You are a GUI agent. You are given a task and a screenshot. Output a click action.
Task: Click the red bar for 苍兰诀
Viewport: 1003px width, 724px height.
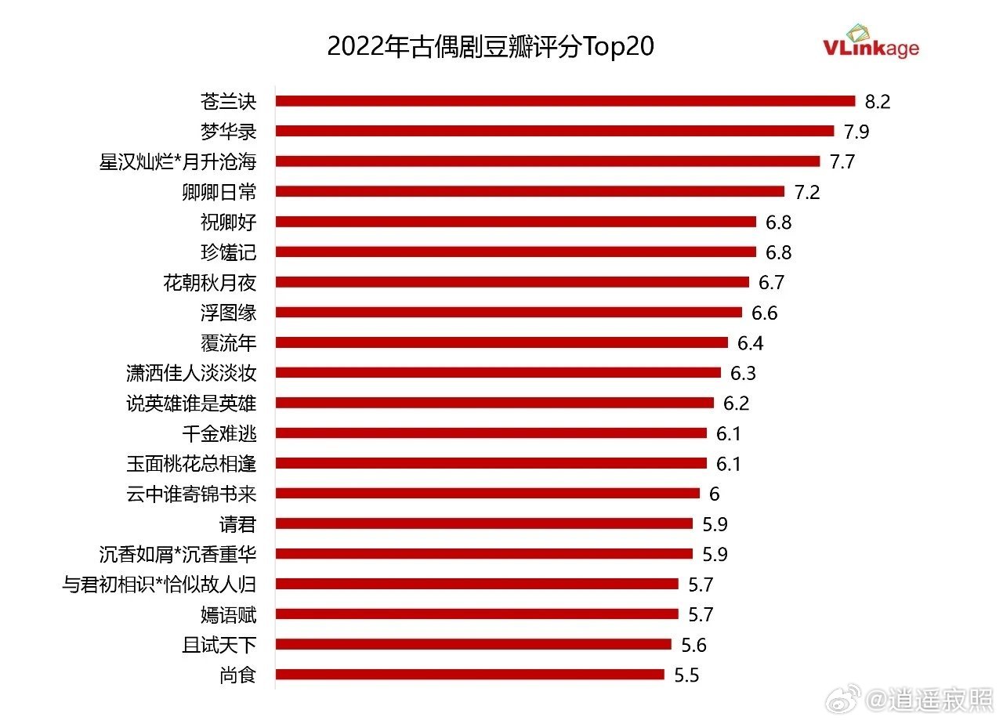564,101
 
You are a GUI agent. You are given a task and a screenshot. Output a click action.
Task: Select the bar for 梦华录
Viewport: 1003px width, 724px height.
554,131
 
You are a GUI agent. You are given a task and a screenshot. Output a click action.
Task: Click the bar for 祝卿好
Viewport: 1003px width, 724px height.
515,222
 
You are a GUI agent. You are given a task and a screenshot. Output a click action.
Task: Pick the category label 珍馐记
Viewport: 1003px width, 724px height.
228,252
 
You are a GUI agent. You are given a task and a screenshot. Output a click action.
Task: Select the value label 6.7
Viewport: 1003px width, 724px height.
771,282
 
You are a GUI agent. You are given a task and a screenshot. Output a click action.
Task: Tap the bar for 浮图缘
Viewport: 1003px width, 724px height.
508,313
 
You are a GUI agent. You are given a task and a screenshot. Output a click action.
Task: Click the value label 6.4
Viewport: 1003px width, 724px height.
750,342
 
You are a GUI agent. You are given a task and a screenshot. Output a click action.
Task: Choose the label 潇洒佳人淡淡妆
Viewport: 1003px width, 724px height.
191,373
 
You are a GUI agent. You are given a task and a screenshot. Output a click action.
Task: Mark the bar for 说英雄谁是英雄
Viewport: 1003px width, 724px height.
494,403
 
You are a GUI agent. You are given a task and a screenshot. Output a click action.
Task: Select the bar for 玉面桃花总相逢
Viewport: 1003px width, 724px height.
491,463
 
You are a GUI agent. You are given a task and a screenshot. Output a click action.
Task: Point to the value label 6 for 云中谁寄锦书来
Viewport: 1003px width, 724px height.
714,494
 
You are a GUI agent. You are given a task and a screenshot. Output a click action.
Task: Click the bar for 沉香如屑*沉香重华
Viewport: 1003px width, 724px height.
483,554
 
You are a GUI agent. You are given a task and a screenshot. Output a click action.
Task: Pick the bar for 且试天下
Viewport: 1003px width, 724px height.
473,644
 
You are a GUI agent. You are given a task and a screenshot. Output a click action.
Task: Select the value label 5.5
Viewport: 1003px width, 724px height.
686,675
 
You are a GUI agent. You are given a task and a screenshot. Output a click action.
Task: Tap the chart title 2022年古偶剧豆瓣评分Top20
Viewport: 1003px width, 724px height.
490,46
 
